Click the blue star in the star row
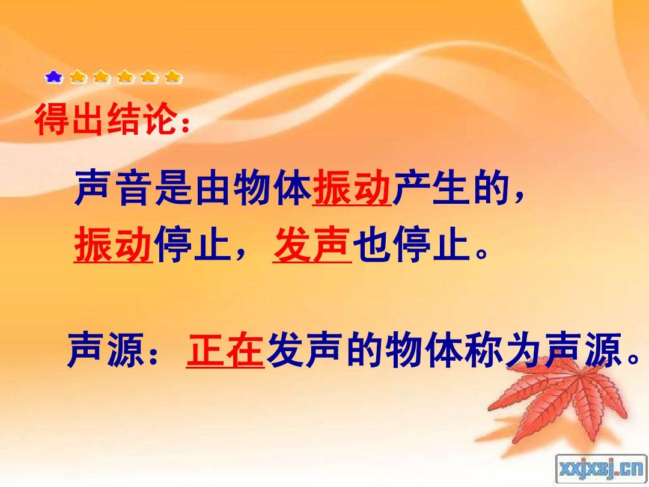pos(53,77)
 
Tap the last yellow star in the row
pos(174,77)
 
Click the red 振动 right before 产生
pos(352,189)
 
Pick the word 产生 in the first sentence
pos(431,189)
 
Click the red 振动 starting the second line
pos(114,245)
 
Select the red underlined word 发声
pos(312,245)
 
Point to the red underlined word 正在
pos(225,350)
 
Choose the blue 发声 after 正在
pos(303,350)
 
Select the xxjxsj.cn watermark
pos(602,468)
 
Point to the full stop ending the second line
pos(481,252)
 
